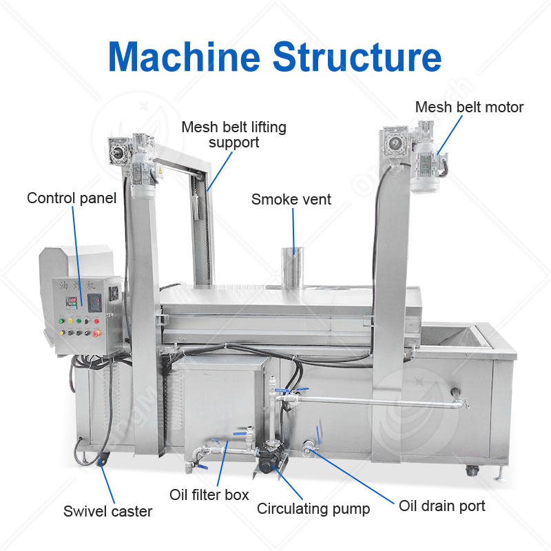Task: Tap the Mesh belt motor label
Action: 469,107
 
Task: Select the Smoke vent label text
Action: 291,200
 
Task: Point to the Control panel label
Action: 72,198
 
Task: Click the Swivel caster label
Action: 107,511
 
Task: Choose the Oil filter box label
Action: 209,495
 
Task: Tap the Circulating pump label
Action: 313,509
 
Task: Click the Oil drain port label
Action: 442,506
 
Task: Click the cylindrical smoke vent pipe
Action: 292,266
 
